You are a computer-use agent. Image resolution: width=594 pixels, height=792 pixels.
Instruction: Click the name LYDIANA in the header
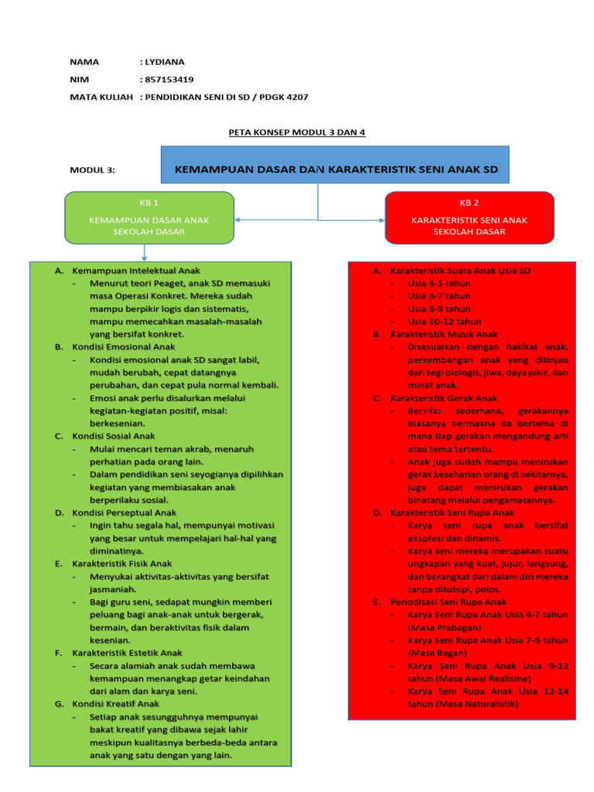click(165, 62)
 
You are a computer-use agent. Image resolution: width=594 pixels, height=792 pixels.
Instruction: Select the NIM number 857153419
click(169, 79)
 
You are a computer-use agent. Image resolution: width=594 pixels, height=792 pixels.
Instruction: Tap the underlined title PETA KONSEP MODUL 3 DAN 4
click(296, 132)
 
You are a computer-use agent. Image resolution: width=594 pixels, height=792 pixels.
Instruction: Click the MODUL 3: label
click(92, 170)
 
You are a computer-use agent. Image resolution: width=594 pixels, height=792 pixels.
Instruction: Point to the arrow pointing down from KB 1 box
click(145, 254)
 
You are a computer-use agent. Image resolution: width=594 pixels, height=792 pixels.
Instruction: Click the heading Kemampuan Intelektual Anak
click(136, 271)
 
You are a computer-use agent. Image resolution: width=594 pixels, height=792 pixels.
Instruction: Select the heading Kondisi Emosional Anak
click(124, 347)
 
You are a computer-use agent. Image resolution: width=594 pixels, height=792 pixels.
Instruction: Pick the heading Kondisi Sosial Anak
click(114, 436)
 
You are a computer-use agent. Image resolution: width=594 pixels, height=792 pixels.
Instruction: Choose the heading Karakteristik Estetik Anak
click(128, 653)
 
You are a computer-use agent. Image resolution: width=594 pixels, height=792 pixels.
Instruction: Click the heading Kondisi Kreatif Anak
click(116, 704)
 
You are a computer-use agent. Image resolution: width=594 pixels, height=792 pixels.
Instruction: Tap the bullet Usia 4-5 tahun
click(439, 283)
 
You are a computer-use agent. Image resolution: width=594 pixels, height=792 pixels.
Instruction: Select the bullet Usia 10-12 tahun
click(444, 322)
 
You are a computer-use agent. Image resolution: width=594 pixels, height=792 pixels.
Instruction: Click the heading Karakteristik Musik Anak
click(444, 334)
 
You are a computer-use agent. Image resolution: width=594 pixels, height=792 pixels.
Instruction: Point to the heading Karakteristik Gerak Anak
click(444, 398)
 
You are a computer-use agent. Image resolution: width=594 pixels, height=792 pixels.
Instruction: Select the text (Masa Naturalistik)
click(463, 705)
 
